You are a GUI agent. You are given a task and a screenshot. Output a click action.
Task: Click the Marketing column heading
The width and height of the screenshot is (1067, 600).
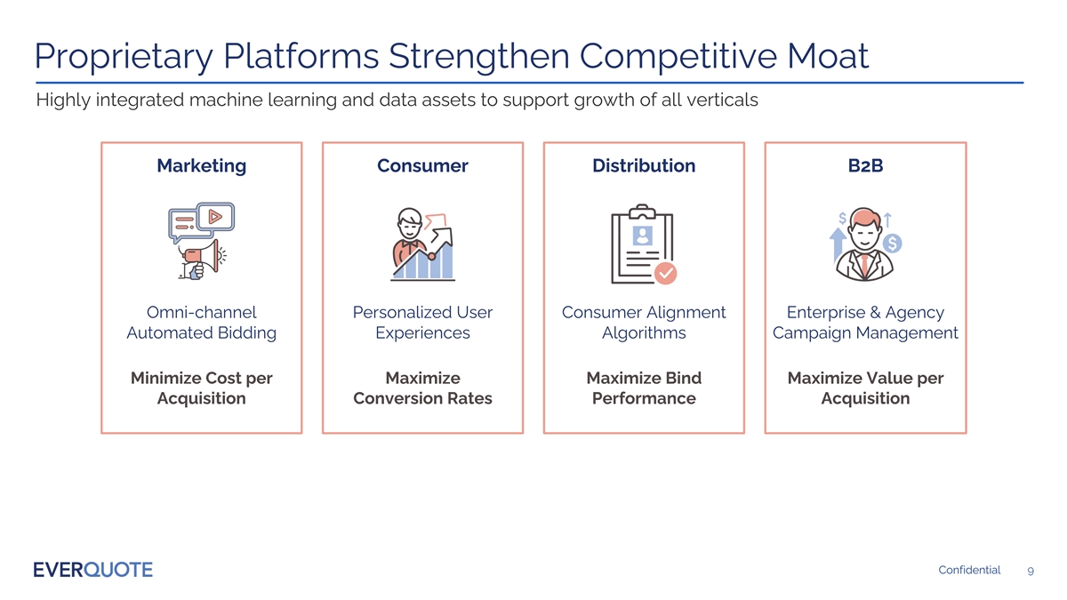[x=201, y=165]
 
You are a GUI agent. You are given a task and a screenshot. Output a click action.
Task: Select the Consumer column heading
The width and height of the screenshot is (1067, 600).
[x=422, y=165]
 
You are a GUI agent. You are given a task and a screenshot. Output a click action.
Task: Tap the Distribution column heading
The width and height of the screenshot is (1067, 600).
[x=644, y=165]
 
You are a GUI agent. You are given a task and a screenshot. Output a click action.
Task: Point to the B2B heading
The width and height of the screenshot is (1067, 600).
[x=865, y=165]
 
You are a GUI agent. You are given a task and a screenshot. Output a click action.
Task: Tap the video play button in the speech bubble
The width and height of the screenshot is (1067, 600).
[x=215, y=216]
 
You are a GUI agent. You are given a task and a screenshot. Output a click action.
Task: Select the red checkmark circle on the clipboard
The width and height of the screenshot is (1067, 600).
[x=665, y=273]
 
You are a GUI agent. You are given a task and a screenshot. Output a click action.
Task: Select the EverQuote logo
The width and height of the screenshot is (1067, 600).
[x=92, y=570]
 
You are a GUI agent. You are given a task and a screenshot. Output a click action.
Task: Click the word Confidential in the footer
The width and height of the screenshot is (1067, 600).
[x=969, y=570]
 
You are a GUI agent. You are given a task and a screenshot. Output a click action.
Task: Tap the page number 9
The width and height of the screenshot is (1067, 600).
[x=1029, y=571]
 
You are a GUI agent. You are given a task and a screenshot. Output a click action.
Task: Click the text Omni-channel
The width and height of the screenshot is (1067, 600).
[x=201, y=312]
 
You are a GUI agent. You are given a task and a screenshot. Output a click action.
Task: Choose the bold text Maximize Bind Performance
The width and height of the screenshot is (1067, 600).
[x=644, y=388]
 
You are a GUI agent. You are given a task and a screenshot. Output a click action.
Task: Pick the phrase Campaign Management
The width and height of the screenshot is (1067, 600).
[x=865, y=333]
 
